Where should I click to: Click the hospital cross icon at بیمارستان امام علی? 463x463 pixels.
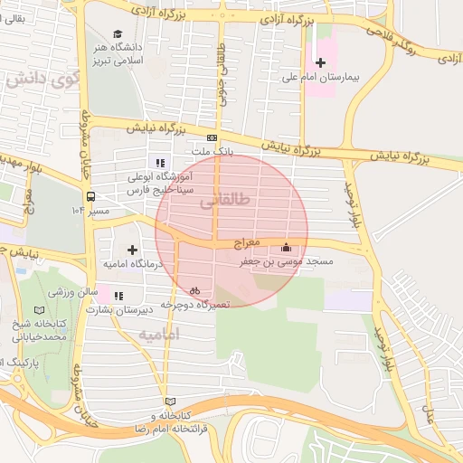(x=319, y=61)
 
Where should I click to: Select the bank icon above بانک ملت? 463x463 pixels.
(x=213, y=138)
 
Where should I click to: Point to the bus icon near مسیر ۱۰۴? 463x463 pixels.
(x=90, y=195)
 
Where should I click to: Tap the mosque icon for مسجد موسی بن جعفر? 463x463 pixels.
(x=287, y=247)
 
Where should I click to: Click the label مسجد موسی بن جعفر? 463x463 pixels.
(x=287, y=261)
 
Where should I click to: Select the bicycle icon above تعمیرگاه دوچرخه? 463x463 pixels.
(x=194, y=290)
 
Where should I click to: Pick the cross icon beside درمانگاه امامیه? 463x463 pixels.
(x=132, y=249)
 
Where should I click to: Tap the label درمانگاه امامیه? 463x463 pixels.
(x=132, y=263)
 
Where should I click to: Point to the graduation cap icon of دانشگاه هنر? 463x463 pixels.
(x=118, y=33)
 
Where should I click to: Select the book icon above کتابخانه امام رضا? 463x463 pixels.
(x=170, y=402)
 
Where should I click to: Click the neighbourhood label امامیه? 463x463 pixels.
(x=159, y=335)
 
